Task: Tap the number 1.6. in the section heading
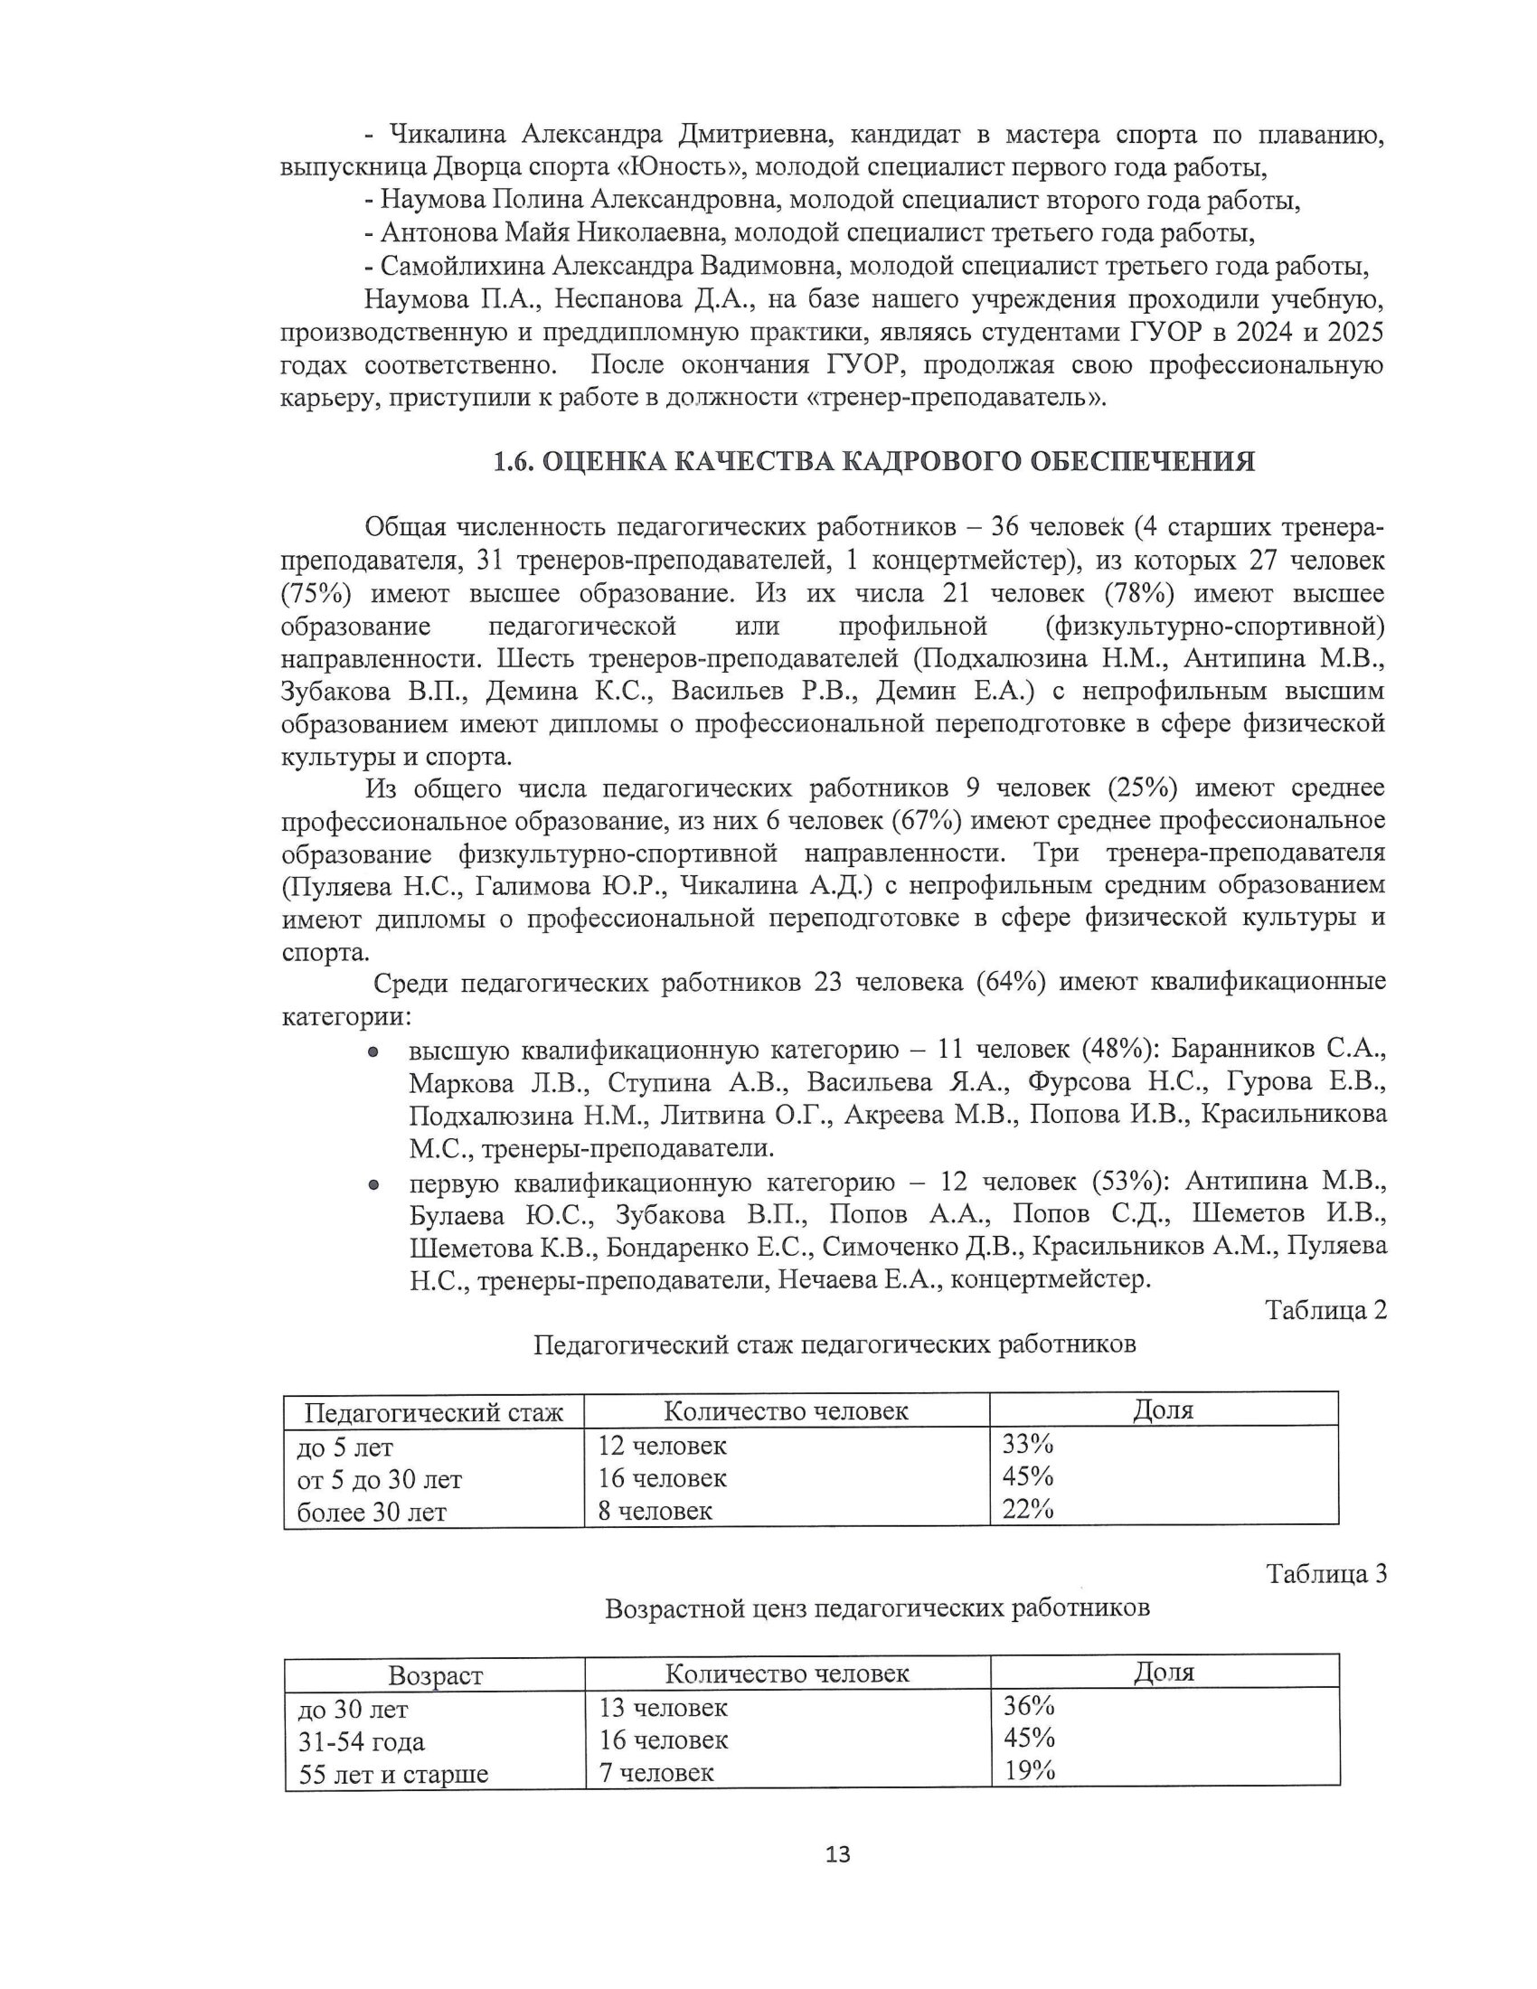(x=514, y=462)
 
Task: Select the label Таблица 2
(x=1325, y=1310)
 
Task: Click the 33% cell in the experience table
(x=1027, y=1444)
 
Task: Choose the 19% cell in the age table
(x=1029, y=1771)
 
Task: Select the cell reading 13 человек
(x=663, y=1707)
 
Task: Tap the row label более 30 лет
(x=372, y=1513)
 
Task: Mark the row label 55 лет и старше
(x=393, y=1774)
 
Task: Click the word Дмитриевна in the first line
(x=755, y=135)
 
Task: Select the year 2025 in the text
(x=1355, y=333)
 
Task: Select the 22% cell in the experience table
(x=1027, y=1509)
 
